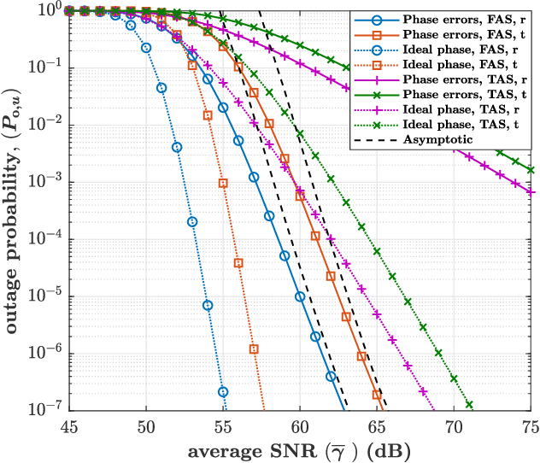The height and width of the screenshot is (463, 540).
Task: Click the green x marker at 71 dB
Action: pos(469,404)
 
